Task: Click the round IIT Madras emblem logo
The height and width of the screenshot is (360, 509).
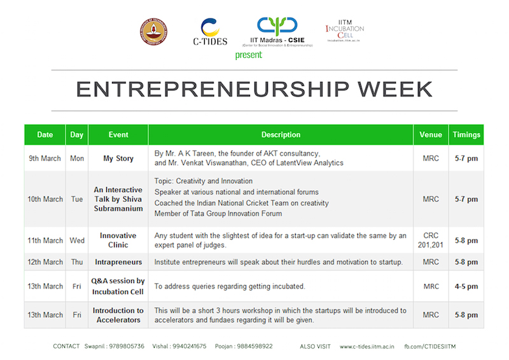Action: pyautogui.click(x=153, y=32)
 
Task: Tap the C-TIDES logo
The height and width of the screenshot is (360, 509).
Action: pyautogui.click(x=210, y=32)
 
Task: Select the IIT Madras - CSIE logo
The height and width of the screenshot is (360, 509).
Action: pyautogui.click(x=277, y=32)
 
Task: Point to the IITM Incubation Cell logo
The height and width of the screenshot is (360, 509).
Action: pyautogui.click(x=344, y=31)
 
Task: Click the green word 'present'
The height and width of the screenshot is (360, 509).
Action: pyautogui.click(x=248, y=55)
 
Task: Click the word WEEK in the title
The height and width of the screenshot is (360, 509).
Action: pyautogui.click(x=394, y=89)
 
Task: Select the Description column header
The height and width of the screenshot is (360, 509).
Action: pyautogui.click(x=281, y=135)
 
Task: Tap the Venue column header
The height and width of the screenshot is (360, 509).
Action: pyautogui.click(x=431, y=135)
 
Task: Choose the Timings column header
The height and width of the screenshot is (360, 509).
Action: pyautogui.click(x=466, y=135)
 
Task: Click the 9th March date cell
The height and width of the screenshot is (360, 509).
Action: pyautogui.click(x=45, y=158)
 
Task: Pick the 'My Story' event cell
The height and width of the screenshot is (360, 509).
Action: pyautogui.click(x=118, y=158)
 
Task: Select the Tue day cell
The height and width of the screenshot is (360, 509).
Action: pyautogui.click(x=77, y=199)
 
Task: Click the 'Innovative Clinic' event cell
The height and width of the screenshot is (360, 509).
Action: pyautogui.click(x=118, y=240)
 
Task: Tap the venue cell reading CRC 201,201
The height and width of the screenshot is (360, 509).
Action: pyautogui.click(x=431, y=240)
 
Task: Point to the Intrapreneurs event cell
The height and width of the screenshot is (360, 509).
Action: pyautogui.click(x=118, y=262)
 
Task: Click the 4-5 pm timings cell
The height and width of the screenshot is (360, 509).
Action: pyautogui.click(x=466, y=286)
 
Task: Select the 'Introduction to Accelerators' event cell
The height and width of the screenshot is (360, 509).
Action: pyautogui.click(x=118, y=315)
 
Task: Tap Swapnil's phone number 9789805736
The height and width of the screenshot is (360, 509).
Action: pyautogui.click(x=127, y=347)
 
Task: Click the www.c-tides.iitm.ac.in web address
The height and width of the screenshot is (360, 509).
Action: pyautogui.click(x=367, y=347)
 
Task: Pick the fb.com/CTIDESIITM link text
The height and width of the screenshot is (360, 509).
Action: pyautogui.click(x=430, y=347)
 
